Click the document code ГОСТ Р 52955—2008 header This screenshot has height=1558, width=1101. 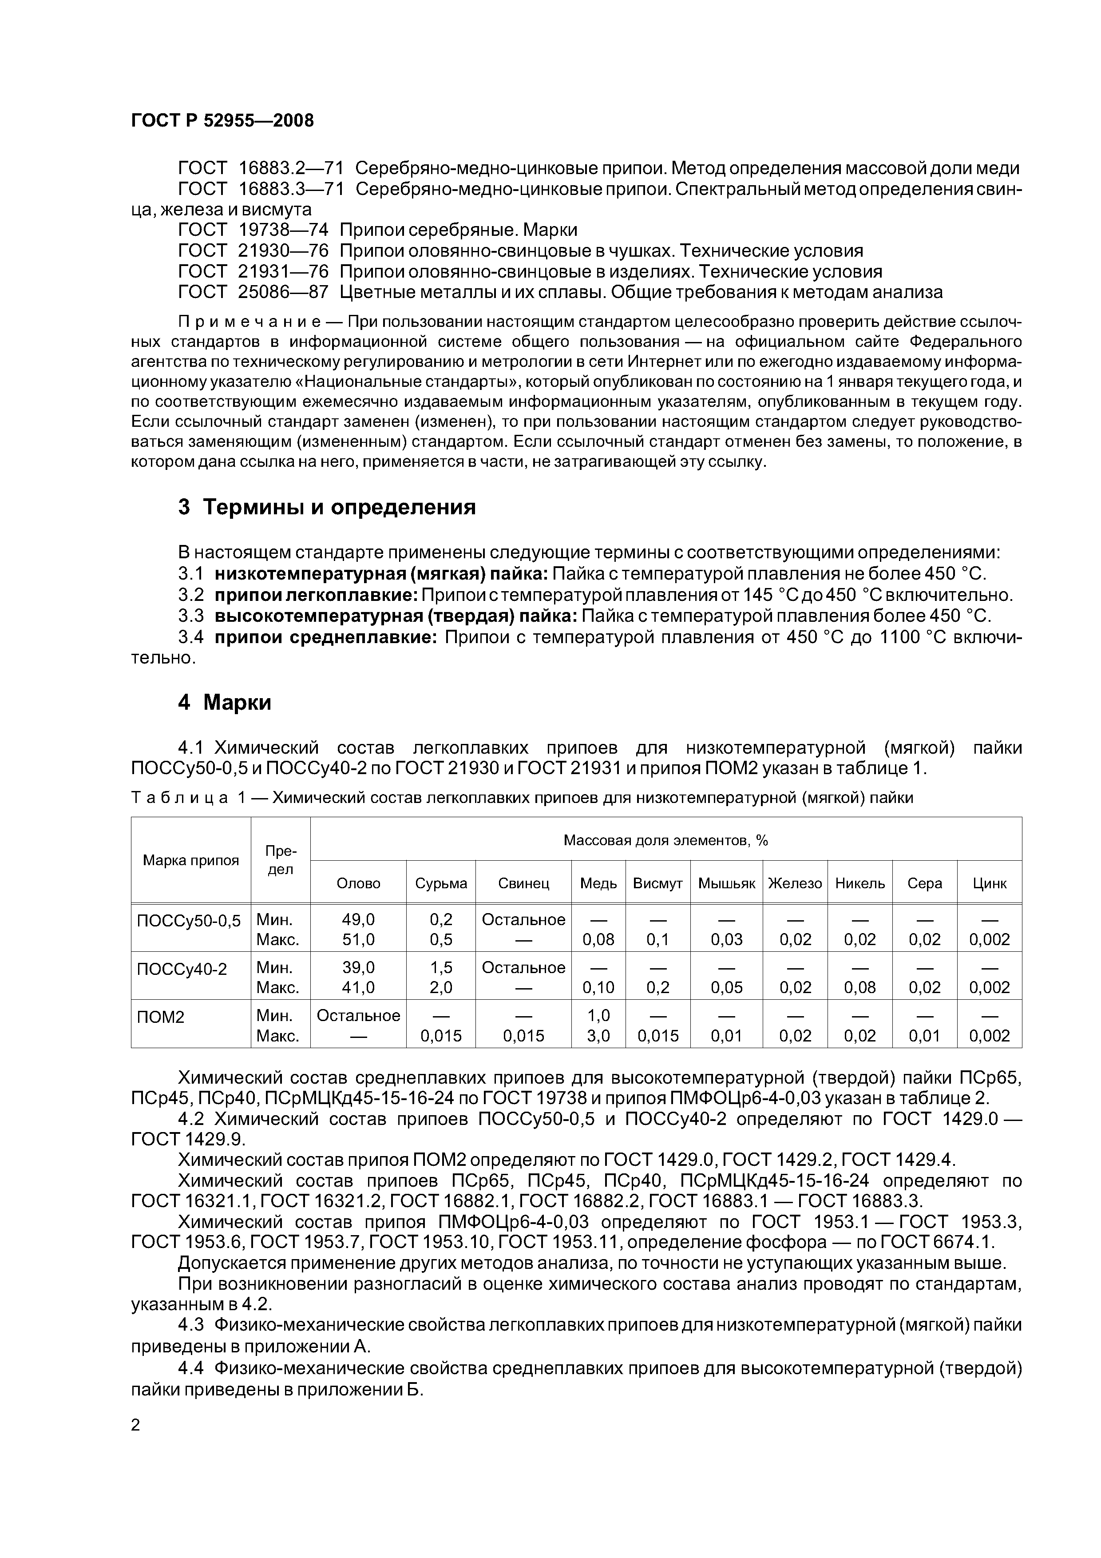click(x=222, y=121)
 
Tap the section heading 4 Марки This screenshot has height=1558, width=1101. click(x=225, y=702)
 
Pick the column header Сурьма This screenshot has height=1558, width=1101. click(x=441, y=883)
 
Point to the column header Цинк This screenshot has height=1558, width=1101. click(x=989, y=883)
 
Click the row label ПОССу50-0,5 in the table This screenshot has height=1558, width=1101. click(x=189, y=921)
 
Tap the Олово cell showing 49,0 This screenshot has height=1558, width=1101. click(x=358, y=919)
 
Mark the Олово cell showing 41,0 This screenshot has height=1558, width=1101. click(x=358, y=987)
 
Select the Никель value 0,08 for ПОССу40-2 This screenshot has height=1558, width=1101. click(x=859, y=987)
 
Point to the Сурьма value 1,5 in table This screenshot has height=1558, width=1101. click(x=441, y=968)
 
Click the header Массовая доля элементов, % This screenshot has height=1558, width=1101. click(x=665, y=841)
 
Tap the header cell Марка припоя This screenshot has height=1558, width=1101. click(x=190, y=860)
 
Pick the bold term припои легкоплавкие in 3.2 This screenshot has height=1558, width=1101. click(x=316, y=595)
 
